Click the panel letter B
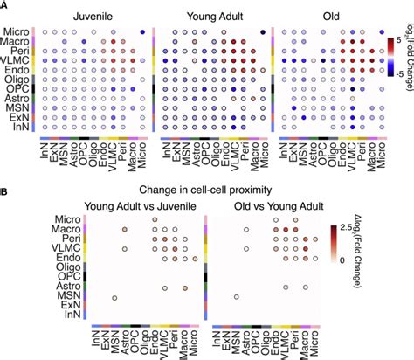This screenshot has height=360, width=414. [x=4, y=188]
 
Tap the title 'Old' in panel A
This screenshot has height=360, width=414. [x=328, y=15]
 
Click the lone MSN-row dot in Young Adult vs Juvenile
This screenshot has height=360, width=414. [x=114, y=299]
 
